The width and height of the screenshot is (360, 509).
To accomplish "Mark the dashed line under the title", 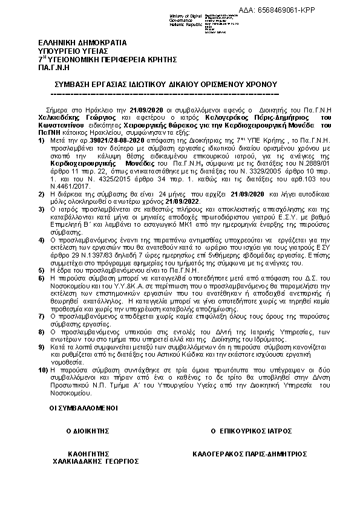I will click(163, 94).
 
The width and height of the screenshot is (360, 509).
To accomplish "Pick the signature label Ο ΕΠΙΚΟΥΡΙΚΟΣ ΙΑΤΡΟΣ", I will click(251, 431).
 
